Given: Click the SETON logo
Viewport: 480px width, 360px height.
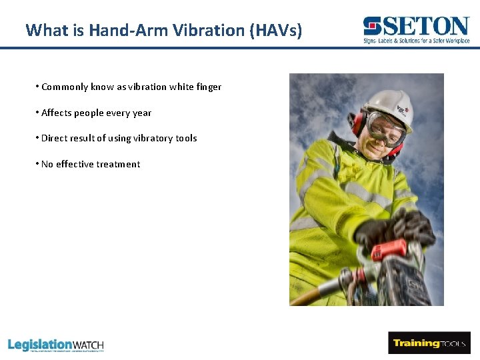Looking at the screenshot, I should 417,27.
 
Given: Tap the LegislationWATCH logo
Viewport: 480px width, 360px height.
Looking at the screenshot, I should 56,345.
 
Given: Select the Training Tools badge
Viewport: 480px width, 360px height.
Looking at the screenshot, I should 429,343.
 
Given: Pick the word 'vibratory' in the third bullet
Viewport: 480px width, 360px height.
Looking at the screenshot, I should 153,138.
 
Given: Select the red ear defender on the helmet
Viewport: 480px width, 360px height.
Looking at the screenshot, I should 355,123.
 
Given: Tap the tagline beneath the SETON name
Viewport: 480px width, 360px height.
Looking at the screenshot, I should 417,41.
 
